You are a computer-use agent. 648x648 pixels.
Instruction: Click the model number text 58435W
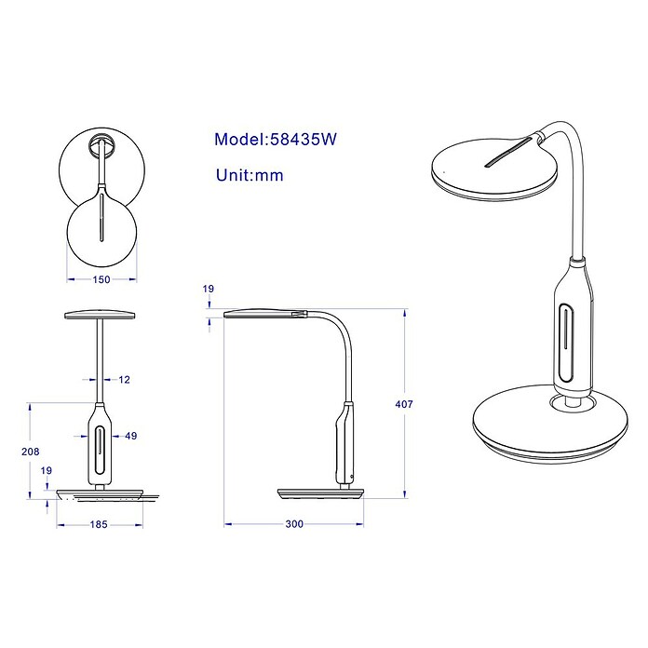point(303,140)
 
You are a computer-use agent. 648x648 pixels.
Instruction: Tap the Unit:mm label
point(250,175)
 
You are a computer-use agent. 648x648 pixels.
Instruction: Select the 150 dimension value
point(101,280)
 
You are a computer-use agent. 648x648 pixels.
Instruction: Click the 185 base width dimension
point(99,524)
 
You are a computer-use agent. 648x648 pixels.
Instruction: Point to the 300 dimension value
point(294,524)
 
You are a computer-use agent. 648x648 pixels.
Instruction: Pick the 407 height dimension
point(404,404)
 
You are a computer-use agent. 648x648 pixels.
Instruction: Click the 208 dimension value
point(31,452)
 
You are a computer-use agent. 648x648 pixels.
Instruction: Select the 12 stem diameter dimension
point(125,380)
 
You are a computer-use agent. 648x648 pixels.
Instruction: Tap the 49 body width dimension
point(131,436)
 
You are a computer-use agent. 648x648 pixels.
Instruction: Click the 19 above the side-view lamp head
point(209,289)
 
